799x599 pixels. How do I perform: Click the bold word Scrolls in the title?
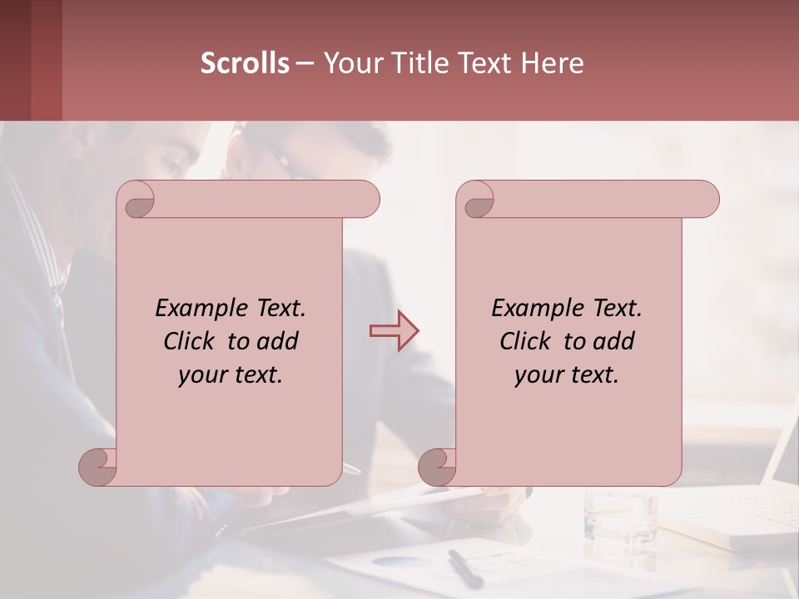[245, 63]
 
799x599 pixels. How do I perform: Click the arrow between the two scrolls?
[394, 331]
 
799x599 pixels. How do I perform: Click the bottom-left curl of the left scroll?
[97, 466]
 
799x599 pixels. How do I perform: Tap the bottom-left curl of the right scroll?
[437, 466]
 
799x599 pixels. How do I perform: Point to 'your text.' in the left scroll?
[231, 374]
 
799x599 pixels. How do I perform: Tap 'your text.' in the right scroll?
[567, 374]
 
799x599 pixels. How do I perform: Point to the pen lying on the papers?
[464, 568]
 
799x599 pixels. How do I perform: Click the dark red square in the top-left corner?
[31, 60]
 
